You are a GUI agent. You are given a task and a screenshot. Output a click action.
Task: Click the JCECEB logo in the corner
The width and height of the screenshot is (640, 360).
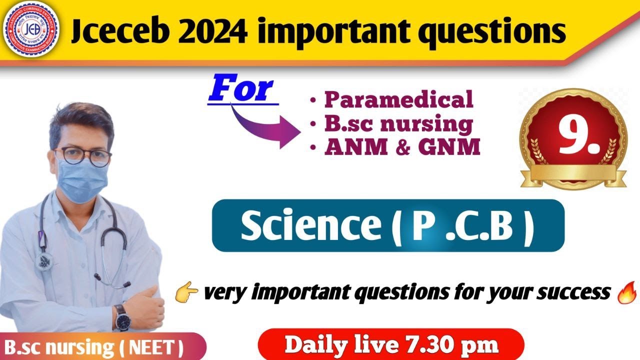click(x=30, y=30)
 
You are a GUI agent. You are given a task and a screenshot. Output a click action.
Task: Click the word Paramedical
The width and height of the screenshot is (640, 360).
click(x=398, y=99)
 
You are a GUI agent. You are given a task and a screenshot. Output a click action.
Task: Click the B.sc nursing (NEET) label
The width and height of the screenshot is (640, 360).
click(x=93, y=346)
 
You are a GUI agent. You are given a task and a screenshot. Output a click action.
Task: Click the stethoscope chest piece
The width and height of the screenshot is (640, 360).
click(x=45, y=260)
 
